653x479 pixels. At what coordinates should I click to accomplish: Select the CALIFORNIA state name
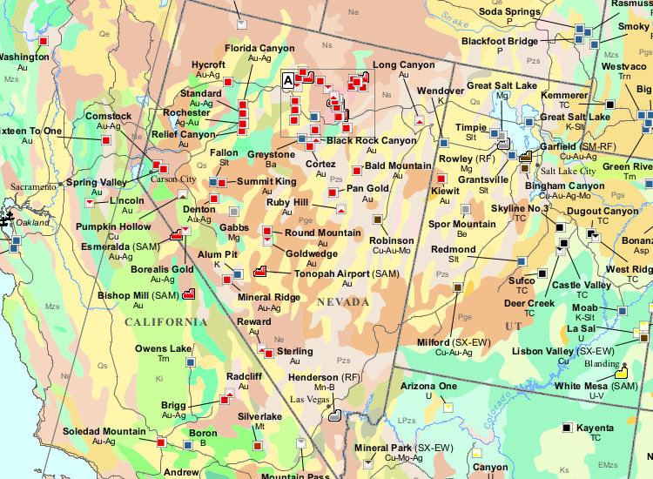[165, 322]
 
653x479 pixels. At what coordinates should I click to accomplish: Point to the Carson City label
[179, 179]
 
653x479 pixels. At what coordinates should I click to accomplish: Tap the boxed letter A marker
[288, 79]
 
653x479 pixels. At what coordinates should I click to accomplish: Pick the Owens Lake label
[163, 348]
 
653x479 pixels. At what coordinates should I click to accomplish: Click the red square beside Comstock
[106, 139]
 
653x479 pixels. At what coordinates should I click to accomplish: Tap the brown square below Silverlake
[258, 446]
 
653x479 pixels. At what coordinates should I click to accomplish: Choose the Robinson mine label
[391, 240]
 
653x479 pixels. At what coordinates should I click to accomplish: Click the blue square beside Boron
[188, 444]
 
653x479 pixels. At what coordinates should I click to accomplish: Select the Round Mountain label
[322, 233]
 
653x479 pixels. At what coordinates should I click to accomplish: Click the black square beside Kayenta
[567, 428]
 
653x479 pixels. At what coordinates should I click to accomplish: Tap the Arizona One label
[428, 385]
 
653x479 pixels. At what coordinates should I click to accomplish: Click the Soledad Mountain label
[104, 431]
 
